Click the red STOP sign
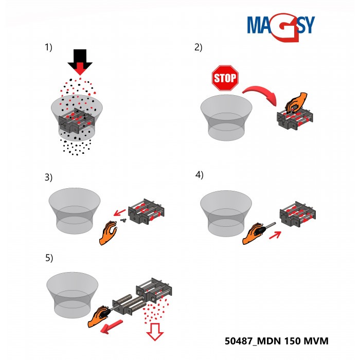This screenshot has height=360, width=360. click(x=225, y=78)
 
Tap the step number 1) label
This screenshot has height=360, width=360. click(x=49, y=47)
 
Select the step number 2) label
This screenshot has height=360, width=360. click(x=198, y=47)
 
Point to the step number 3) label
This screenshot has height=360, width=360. click(x=49, y=178)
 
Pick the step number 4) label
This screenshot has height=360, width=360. click(x=199, y=174)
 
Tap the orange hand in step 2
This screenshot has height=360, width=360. click(x=296, y=102)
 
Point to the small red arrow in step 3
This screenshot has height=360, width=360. click(x=120, y=211)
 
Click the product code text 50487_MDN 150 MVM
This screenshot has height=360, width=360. click(x=276, y=341)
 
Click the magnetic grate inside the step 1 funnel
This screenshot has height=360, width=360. click(x=77, y=121)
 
